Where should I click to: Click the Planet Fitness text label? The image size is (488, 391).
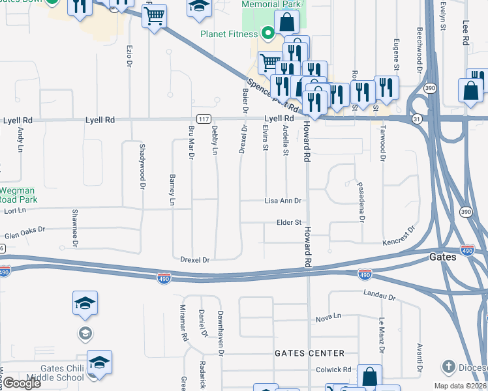pos(230,35)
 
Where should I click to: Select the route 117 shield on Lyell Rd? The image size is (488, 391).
pos(204,119)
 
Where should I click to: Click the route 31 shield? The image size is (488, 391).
pos(416,119)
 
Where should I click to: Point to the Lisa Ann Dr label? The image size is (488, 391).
pos(283,201)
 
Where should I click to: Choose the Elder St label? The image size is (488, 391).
pos(288,222)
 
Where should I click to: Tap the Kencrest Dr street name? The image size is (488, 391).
pos(399,236)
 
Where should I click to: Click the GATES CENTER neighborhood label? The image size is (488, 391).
pos(309,353)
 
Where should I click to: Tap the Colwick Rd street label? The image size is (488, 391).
pos(333,369)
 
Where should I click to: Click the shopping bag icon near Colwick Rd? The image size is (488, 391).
pos(369,377)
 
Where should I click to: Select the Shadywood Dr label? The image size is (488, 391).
pos(141,166)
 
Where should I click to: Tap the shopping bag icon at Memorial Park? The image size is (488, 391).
pos(286,22)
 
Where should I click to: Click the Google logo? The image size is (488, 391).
pos(22,383)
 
